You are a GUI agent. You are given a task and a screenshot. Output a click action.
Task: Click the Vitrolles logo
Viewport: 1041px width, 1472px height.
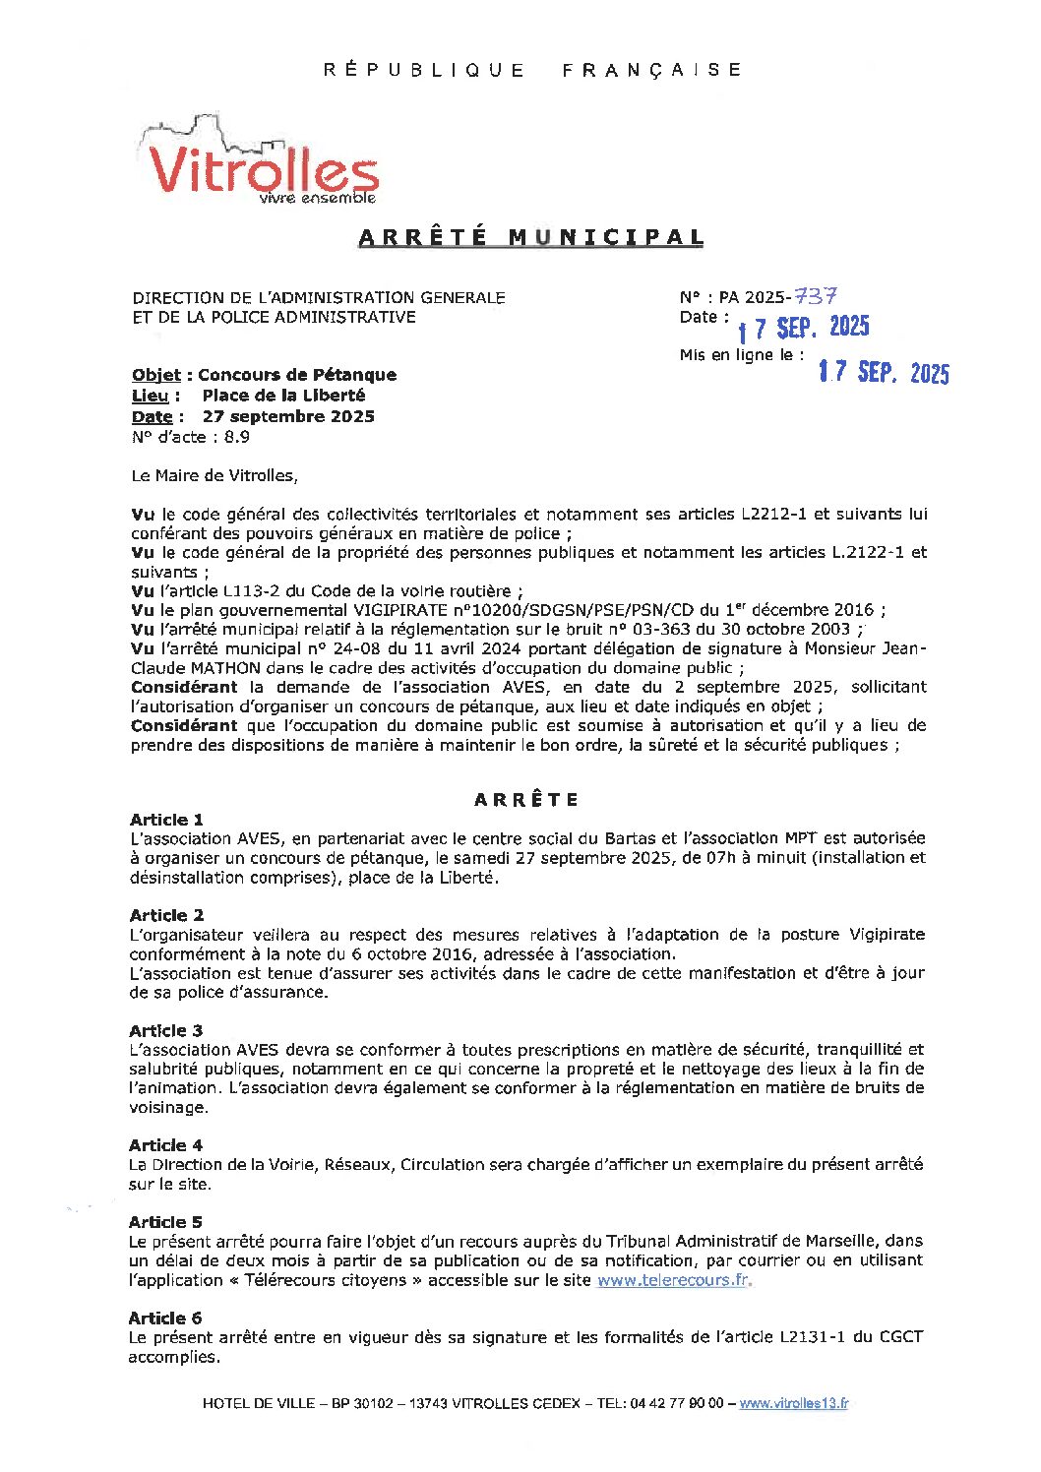pos(262,162)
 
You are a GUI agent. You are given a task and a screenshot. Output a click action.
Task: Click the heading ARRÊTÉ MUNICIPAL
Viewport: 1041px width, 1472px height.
pos(531,237)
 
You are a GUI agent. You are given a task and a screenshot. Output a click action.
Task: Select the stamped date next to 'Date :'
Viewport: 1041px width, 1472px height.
pos(804,328)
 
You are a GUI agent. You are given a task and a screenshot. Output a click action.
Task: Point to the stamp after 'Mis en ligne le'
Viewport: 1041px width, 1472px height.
pos(884,371)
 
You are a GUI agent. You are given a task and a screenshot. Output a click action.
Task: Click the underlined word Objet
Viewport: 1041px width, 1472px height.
pos(155,375)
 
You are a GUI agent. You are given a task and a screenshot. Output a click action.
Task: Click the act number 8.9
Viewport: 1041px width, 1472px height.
pos(236,437)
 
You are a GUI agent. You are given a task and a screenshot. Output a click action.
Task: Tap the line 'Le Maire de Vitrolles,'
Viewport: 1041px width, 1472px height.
pos(214,475)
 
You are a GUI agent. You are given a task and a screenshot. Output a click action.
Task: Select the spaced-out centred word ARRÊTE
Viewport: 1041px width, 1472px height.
pos(526,800)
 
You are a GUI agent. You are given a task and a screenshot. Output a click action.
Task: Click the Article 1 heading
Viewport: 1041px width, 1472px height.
pos(166,820)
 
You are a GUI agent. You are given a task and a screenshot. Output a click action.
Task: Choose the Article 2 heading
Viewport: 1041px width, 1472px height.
pos(166,915)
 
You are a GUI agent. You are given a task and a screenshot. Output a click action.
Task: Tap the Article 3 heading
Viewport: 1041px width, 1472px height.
pos(165,1030)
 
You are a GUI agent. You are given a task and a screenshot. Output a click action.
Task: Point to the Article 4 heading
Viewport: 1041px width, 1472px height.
pos(165,1145)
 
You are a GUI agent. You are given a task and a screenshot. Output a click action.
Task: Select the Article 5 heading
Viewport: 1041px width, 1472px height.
pos(165,1222)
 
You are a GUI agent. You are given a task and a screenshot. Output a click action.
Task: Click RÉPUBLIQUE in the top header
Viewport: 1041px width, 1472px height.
pos(424,70)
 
